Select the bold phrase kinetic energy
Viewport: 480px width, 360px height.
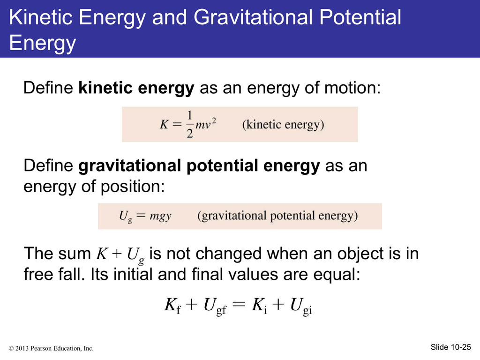click(x=136, y=88)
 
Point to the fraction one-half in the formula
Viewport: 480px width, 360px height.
click(x=190, y=124)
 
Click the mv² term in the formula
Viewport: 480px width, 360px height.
click(x=206, y=123)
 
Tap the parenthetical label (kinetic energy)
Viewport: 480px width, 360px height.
click(x=283, y=125)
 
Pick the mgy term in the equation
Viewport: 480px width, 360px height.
click(x=160, y=216)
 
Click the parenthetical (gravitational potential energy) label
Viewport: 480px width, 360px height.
click(x=277, y=216)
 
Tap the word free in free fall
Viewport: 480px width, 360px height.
click(x=37, y=274)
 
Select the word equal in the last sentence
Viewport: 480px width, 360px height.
click(x=334, y=274)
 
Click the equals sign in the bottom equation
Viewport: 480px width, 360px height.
click(x=239, y=304)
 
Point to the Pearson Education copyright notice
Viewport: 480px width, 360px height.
click(x=51, y=348)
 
